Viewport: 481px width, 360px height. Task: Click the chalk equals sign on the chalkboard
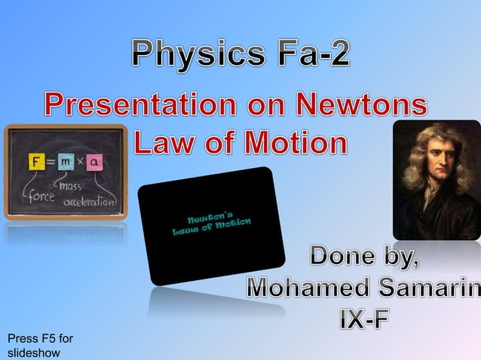point(51,161)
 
